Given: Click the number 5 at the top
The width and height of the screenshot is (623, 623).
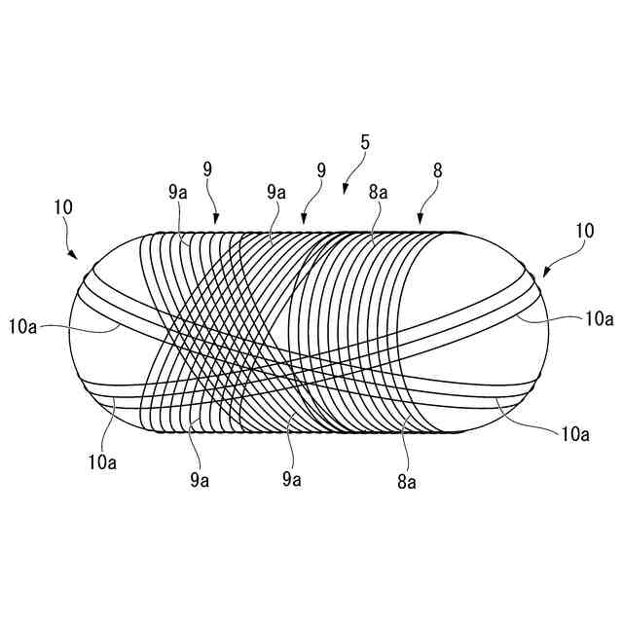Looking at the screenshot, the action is click(364, 142).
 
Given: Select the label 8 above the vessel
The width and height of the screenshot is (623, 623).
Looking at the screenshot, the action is click(437, 169).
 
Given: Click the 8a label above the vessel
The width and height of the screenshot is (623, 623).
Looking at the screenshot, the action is click(378, 193).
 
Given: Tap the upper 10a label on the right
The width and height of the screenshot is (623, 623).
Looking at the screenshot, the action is click(598, 317).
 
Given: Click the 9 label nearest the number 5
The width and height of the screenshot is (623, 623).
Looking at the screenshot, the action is click(320, 169).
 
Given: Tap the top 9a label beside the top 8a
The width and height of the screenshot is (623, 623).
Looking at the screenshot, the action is click(275, 193).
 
